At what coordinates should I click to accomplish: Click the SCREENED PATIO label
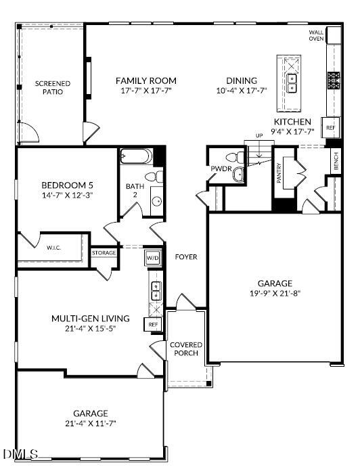[x=53, y=87]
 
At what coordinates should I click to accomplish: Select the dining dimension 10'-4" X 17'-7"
[x=242, y=90]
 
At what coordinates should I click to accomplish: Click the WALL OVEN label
[x=316, y=35]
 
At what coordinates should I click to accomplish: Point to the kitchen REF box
[x=331, y=127]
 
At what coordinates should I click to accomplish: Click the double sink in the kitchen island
[x=292, y=83]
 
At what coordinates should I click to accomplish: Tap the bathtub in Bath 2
[x=137, y=157]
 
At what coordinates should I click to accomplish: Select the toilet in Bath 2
[x=155, y=177]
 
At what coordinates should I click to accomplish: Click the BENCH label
[x=336, y=162]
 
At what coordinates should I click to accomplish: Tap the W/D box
[x=152, y=258]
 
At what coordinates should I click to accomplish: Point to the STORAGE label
[x=104, y=252]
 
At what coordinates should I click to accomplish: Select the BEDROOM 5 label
[x=67, y=185]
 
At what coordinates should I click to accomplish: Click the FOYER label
[x=185, y=257]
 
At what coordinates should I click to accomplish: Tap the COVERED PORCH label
[x=185, y=349]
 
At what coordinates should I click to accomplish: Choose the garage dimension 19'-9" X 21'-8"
[x=274, y=293]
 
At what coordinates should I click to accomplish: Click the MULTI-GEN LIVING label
[x=86, y=317]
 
